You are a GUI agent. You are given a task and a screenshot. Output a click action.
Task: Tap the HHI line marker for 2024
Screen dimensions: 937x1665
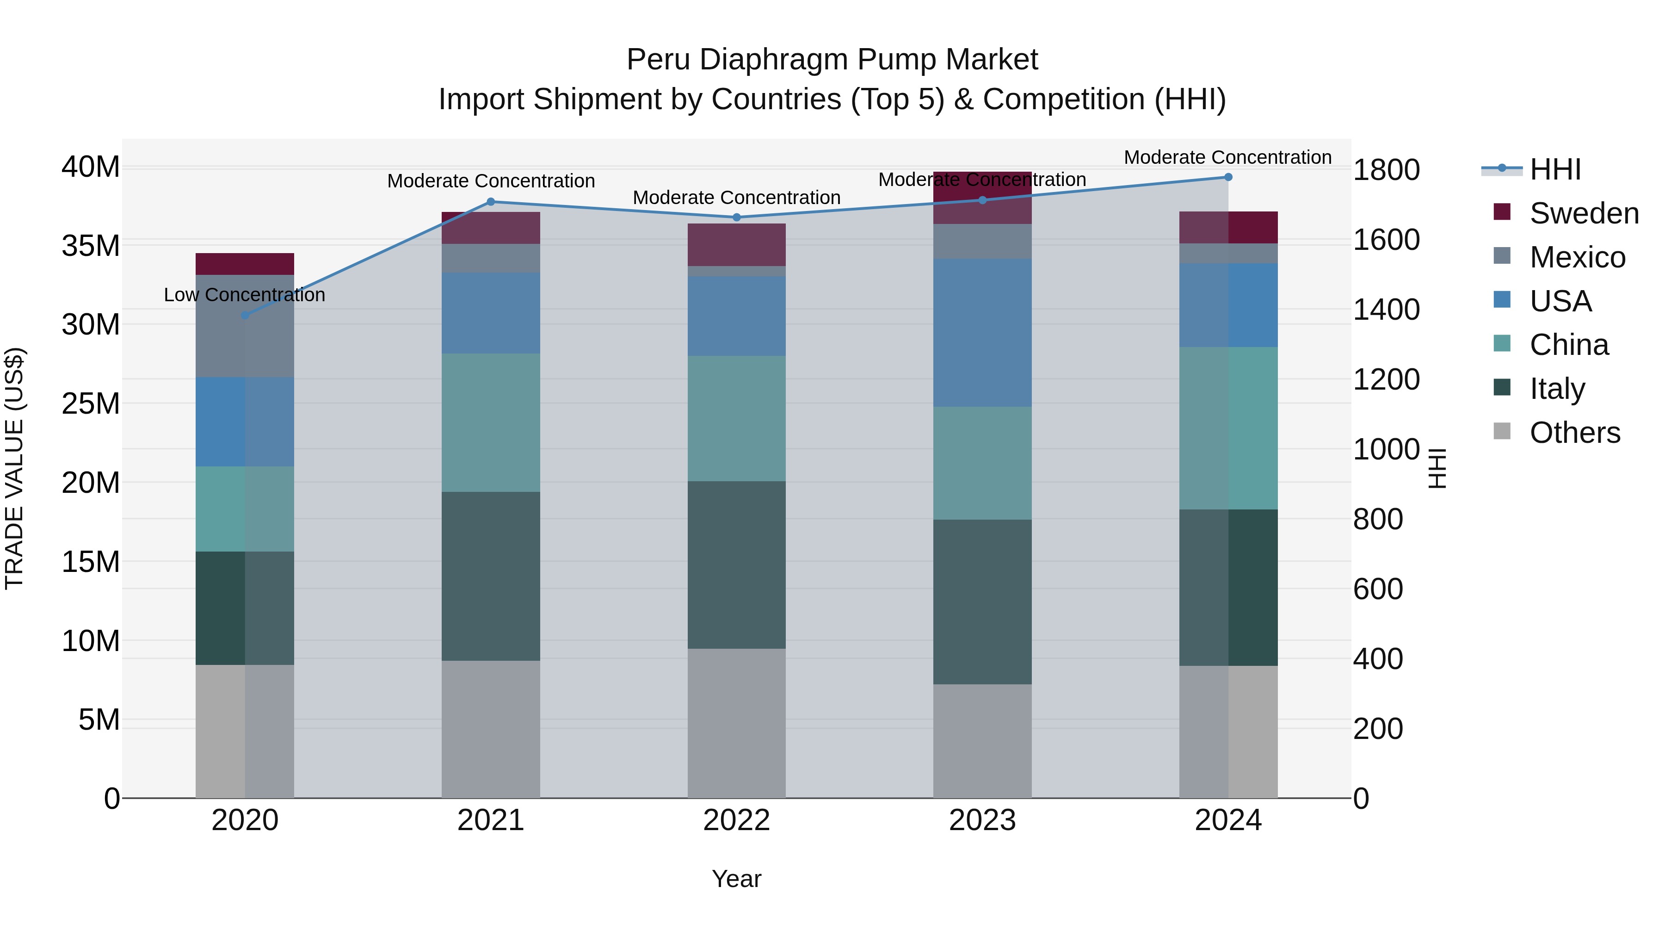pos(1228,177)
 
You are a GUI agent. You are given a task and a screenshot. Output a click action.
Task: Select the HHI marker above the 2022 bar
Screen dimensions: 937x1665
pos(736,217)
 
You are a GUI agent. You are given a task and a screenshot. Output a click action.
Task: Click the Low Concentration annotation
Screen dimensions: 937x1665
pos(244,295)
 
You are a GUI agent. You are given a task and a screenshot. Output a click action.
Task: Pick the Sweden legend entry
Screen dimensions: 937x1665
pos(1584,213)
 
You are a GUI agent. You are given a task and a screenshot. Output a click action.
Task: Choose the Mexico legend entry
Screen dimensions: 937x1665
pos(1577,257)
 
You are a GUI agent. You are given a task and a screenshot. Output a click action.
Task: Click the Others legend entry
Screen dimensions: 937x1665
pos(1574,433)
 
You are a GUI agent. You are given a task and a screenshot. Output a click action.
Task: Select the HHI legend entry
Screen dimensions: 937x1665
pos(1554,169)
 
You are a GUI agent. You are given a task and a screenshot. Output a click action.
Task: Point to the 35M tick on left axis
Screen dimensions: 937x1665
pos(91,246)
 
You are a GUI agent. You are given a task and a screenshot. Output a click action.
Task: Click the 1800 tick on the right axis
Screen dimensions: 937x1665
pos(1387,170)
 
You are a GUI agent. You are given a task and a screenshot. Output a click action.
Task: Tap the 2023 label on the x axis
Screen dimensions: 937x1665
pos(982,820)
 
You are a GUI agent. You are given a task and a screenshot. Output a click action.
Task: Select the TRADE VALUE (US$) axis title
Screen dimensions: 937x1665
pos(14,468)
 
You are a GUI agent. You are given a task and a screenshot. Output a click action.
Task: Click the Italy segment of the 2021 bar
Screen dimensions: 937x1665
pos(491,576)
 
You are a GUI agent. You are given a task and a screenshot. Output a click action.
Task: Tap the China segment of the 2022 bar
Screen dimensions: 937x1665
pos(736,418)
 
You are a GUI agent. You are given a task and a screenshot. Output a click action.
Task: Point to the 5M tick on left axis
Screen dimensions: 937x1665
pos(99,720)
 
